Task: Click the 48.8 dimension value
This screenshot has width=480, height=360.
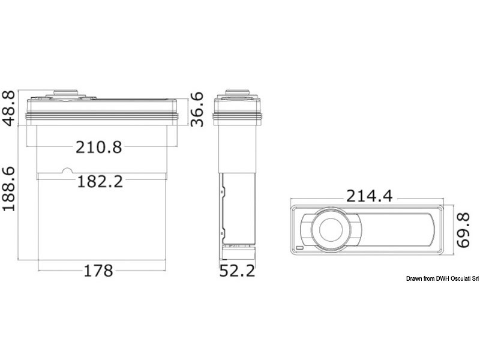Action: click(9, 108)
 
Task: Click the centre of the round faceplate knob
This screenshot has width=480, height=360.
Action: click(331, 229)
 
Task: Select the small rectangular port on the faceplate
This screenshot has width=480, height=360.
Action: click(299, 247)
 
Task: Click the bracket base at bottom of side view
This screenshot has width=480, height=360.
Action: click(239, 245)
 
